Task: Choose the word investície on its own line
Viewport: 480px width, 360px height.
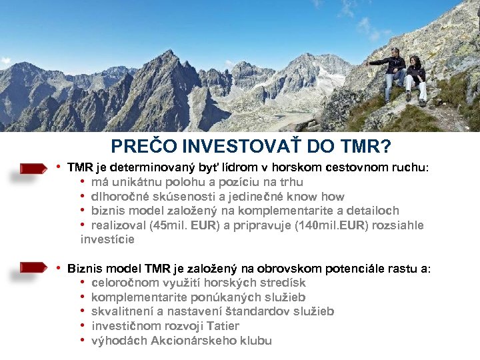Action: click(x=107, y=239)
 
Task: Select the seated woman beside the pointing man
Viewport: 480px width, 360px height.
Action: click(x=415, y=79)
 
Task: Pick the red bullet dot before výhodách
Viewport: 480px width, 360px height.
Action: click(x=82, y=341)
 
